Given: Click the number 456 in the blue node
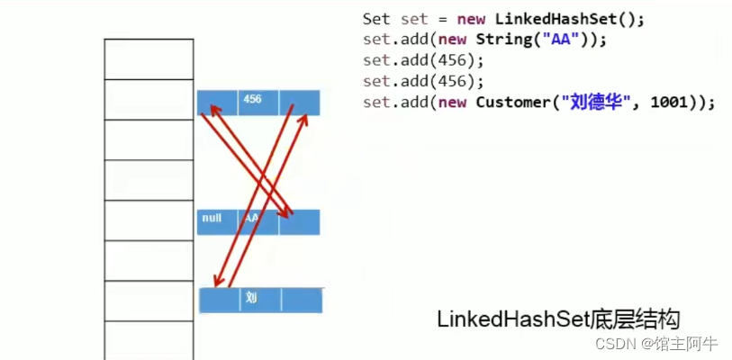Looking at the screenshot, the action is pos(252,99).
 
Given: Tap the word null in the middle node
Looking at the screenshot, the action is pos(212,218).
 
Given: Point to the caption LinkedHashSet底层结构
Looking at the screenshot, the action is pos(558,319).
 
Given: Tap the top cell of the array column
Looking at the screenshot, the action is pos(149,59).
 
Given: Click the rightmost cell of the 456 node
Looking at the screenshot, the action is pos(300,103).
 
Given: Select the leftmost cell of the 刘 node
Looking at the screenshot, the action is pos(219,300).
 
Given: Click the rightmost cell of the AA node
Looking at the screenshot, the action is pos(300,222).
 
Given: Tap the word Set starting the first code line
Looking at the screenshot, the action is pos(376,18).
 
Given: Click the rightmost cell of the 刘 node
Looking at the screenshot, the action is pos(302,300).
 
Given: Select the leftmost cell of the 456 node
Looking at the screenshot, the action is pos(218,103).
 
